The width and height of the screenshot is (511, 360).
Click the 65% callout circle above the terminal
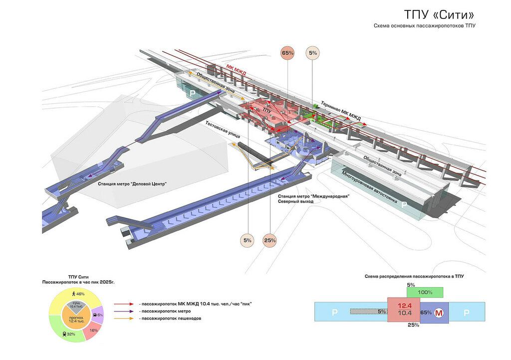pos(288,53)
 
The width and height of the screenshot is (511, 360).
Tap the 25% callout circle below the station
pos(270,240)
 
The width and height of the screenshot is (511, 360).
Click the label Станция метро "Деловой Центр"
pos(132,184)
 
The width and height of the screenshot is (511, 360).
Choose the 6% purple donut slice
pos(99,315)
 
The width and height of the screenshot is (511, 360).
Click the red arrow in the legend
pos(122,304)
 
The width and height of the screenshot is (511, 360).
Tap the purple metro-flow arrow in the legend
pos(122,311)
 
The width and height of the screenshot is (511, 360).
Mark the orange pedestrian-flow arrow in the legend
pos(122,318)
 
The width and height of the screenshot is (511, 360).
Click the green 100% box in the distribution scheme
pos(425,292)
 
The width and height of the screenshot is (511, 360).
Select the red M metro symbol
pos(439,313)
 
